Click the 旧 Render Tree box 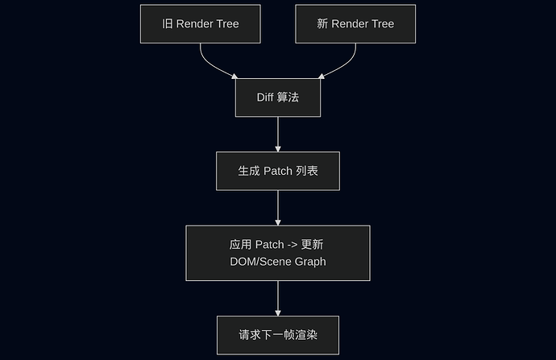click(201, 23)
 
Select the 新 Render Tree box click(355, 23)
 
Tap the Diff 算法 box click(278, 97)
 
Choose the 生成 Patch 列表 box click(278, 171)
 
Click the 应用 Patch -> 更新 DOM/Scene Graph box click(278, 253)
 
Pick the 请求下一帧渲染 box click(278, 334)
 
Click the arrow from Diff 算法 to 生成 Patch click(278, 134)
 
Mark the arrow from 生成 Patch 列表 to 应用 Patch click(278, 208)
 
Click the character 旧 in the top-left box click(168, 24)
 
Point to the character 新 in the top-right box click(322, 24)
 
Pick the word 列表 click(307, 171)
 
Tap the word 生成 click(248, 171)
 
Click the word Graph click(310, 262)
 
